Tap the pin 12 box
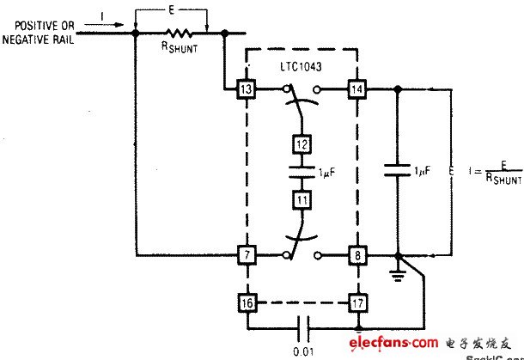click(x=302, y=143)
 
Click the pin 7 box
click(x=247, y=254)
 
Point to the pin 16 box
click(x=247, y=302)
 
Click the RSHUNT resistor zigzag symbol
click(x=179, y=34)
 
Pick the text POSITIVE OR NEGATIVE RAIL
click(x=40, y=32)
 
